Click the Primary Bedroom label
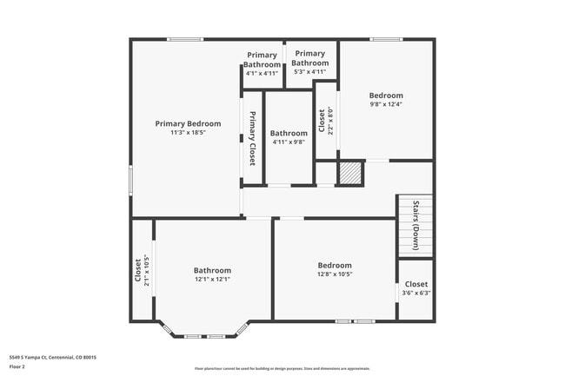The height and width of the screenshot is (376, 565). (188, 123)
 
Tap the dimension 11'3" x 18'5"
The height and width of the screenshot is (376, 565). (188, 133)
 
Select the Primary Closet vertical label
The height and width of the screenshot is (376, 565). (252, 139)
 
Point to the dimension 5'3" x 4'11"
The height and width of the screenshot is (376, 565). (309, 72)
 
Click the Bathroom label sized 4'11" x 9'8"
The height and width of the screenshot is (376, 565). (289, 133)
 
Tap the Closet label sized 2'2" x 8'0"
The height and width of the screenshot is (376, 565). (322, 119)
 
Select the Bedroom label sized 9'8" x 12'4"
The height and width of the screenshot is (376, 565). (386, 96)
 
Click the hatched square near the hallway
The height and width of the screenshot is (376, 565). (350, 172)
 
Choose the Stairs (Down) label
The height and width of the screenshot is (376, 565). (415, 224)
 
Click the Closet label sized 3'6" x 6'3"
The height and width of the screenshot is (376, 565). (415, 284)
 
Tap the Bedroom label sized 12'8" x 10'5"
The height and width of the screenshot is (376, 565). (334, 265)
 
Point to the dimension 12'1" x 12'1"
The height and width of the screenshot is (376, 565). (212, 280)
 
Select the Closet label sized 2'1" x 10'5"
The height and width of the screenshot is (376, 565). (137, 269)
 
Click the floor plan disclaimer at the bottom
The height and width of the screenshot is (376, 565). (282, 369)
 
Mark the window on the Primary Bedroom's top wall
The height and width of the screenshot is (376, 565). (185, 39)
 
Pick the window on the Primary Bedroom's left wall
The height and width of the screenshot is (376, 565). (131, 181)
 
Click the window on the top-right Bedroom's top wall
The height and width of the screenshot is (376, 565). (386, 39)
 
